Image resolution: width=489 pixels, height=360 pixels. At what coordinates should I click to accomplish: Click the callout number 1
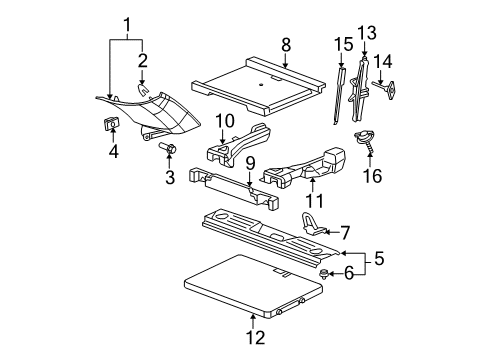pos(127,23)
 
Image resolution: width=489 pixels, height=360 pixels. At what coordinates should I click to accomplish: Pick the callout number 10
pos(225,121)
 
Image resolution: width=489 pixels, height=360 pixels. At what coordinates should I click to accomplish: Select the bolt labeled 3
pos(167,149)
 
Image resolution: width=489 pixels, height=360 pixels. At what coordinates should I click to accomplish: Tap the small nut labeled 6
pos(325,271)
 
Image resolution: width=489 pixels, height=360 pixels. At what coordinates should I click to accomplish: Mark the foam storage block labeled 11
pos(300,165)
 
